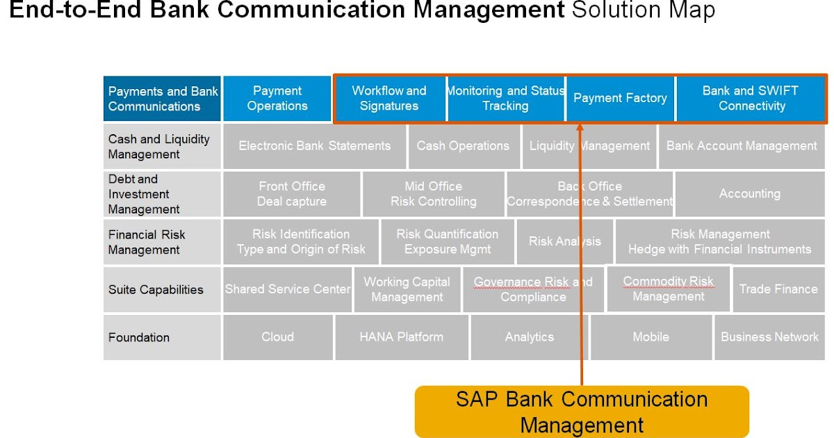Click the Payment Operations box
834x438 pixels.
277,99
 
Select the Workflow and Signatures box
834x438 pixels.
389,99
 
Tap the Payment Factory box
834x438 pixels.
620,99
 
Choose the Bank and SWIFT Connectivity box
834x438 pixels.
751,99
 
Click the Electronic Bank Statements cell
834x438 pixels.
314,146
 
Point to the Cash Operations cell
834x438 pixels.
463,146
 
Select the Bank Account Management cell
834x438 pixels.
742,146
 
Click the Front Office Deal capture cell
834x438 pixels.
291,194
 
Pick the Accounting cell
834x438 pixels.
749,194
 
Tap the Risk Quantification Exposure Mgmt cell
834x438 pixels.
447,242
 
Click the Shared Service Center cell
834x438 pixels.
288,289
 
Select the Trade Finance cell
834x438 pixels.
778,289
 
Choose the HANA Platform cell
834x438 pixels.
401,337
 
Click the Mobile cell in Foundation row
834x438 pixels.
651,337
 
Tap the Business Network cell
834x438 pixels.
769,337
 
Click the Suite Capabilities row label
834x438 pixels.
156,290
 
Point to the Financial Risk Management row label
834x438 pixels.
147,242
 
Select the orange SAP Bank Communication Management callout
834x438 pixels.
582,412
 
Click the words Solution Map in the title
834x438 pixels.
643,11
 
